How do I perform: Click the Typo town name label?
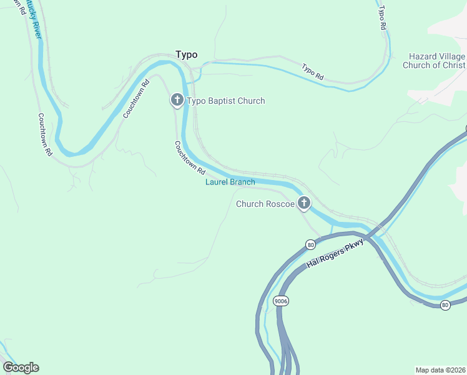pos(186,54)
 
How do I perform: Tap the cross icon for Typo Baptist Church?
pos(177,101)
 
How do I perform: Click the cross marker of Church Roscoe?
pos(304,202)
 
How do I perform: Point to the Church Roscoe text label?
pos(265,204)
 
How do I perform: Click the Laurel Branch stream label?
pos(230,182)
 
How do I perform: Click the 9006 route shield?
pos(280,301)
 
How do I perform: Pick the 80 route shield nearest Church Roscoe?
pos(310,244)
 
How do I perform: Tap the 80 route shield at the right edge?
pos(445,305)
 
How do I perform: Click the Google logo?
pos(21,367)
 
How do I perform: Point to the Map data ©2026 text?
pos(440,369)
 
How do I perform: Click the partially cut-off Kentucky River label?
pos(34,19)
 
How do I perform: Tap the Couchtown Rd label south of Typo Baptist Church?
pos(190,157)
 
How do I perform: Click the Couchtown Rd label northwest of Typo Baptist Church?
pos(137,99)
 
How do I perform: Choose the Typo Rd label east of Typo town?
pos(313,72)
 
